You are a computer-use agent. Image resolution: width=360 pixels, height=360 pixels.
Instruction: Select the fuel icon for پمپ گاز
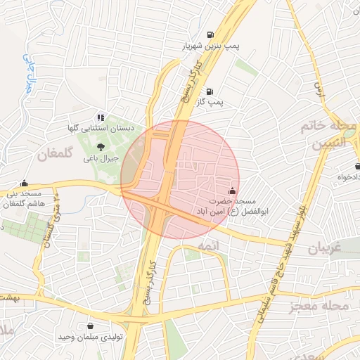point(210,91)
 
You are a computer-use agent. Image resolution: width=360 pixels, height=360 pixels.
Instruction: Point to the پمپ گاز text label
point(210,103)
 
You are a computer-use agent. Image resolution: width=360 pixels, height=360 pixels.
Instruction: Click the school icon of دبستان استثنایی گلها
point(101,117)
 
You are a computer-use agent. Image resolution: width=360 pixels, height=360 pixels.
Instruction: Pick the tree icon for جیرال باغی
point(101,148)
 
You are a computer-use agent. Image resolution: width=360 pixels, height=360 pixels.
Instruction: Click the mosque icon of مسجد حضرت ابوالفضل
point(232,191)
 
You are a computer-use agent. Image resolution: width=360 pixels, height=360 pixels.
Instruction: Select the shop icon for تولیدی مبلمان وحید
point(91,326)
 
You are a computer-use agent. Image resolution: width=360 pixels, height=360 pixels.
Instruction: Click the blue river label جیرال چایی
point(28,70)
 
